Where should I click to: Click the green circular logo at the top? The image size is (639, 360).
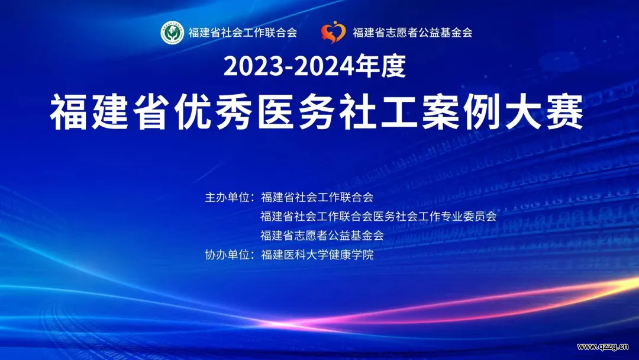point(172,33)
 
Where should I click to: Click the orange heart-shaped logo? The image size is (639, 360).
point(333,32)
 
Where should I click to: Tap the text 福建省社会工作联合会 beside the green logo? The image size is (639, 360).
point(243,33)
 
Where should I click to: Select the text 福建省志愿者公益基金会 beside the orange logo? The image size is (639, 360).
point(412,33)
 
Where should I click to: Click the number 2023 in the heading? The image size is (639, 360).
point(253,66)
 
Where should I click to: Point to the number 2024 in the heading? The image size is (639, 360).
point(324,66)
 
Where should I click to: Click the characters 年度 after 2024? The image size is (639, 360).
point(380,66)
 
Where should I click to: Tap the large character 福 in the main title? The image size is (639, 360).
point(69,111)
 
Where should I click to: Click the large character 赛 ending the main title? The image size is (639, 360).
point(565,111)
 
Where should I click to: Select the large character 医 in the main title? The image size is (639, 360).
point(276,111)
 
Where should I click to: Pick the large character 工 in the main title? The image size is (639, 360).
point(399,111)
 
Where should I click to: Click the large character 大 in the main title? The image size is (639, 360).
point(524,111)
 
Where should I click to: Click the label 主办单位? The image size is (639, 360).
point(227,197)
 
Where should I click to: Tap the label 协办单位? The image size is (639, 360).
point(227,255)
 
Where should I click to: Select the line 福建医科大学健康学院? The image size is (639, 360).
point(317,255)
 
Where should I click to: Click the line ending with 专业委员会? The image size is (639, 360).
point(379,217)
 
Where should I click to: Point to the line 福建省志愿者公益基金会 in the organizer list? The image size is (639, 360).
point(322,236)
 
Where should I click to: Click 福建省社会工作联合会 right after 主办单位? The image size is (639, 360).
point(317,197)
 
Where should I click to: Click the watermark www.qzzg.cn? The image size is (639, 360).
point(603,347)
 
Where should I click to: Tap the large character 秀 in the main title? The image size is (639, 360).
point(234,111)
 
